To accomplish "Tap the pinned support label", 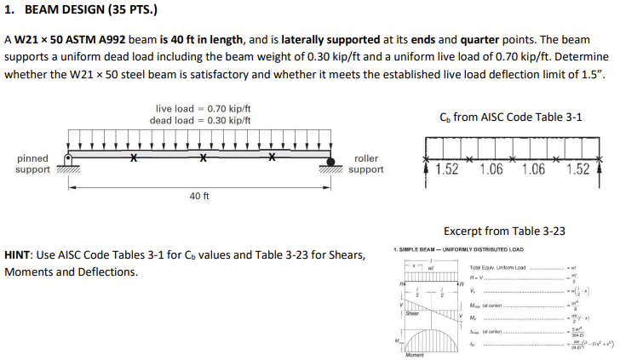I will [x=32, y=163].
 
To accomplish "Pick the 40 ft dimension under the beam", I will [x=199, y=196].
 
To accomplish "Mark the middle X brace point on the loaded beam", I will [x=202, y=158].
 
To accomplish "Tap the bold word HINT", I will [x=19, y=255].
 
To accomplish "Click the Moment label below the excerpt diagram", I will [x=416, y=353].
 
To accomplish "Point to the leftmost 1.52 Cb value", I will [x=447, y=169].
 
